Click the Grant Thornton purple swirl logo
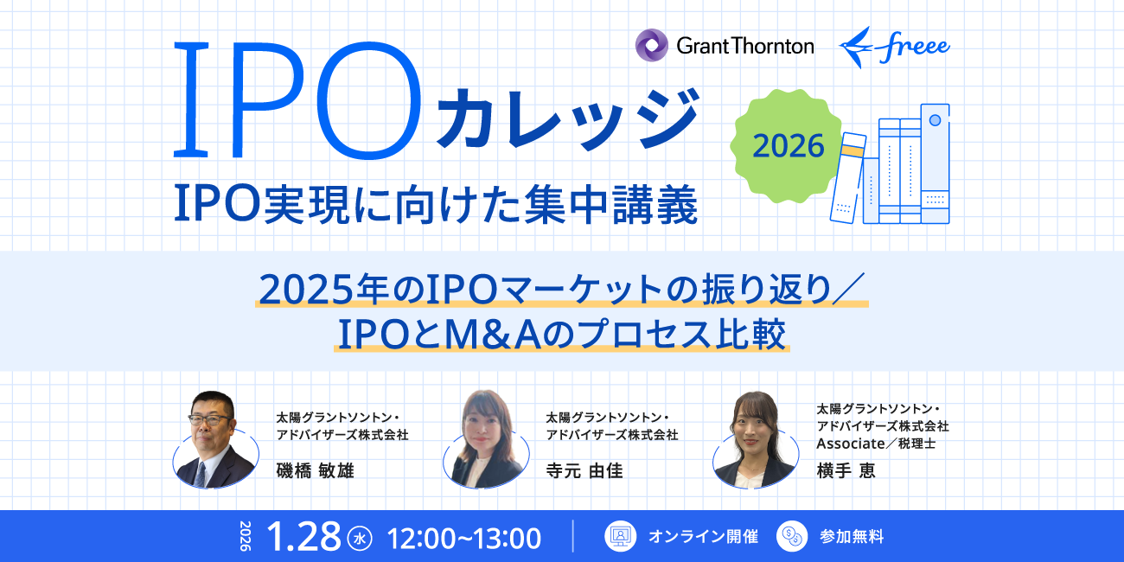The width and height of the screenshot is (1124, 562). (x=651, y=45)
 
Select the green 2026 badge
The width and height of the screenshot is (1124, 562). (x=788, y=145)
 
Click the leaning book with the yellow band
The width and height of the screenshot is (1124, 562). (x=848, y=177)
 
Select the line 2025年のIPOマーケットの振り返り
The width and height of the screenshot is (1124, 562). (x=562, y=291)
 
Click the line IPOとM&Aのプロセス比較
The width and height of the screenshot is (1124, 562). (x=562, y=334)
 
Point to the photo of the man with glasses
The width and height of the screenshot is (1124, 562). (x=214, y=441)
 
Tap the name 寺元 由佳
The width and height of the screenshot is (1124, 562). (x=584, y=470)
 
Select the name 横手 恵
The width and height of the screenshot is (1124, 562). (x=846, y=470)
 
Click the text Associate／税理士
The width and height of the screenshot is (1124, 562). (x=877, y=443)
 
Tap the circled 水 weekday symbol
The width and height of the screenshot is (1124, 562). (x=359, y=538)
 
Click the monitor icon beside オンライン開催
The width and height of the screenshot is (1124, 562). (x=619, y=536)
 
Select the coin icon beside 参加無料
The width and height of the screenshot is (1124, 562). (x=791, y=536)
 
